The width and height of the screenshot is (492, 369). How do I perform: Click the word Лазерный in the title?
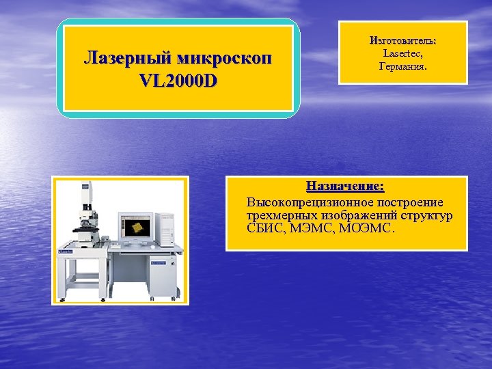click(x=125, y=57)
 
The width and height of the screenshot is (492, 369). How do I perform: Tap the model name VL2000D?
click(x=177, y=80)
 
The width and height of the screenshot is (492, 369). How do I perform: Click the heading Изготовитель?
click(x=402, y=41)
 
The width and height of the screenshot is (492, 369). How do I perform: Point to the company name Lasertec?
click(x=402, y=53)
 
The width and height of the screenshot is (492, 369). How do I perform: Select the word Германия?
click(x=402, y=66)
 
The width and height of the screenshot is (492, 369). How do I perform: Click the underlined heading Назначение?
click(x=345, y=186)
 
